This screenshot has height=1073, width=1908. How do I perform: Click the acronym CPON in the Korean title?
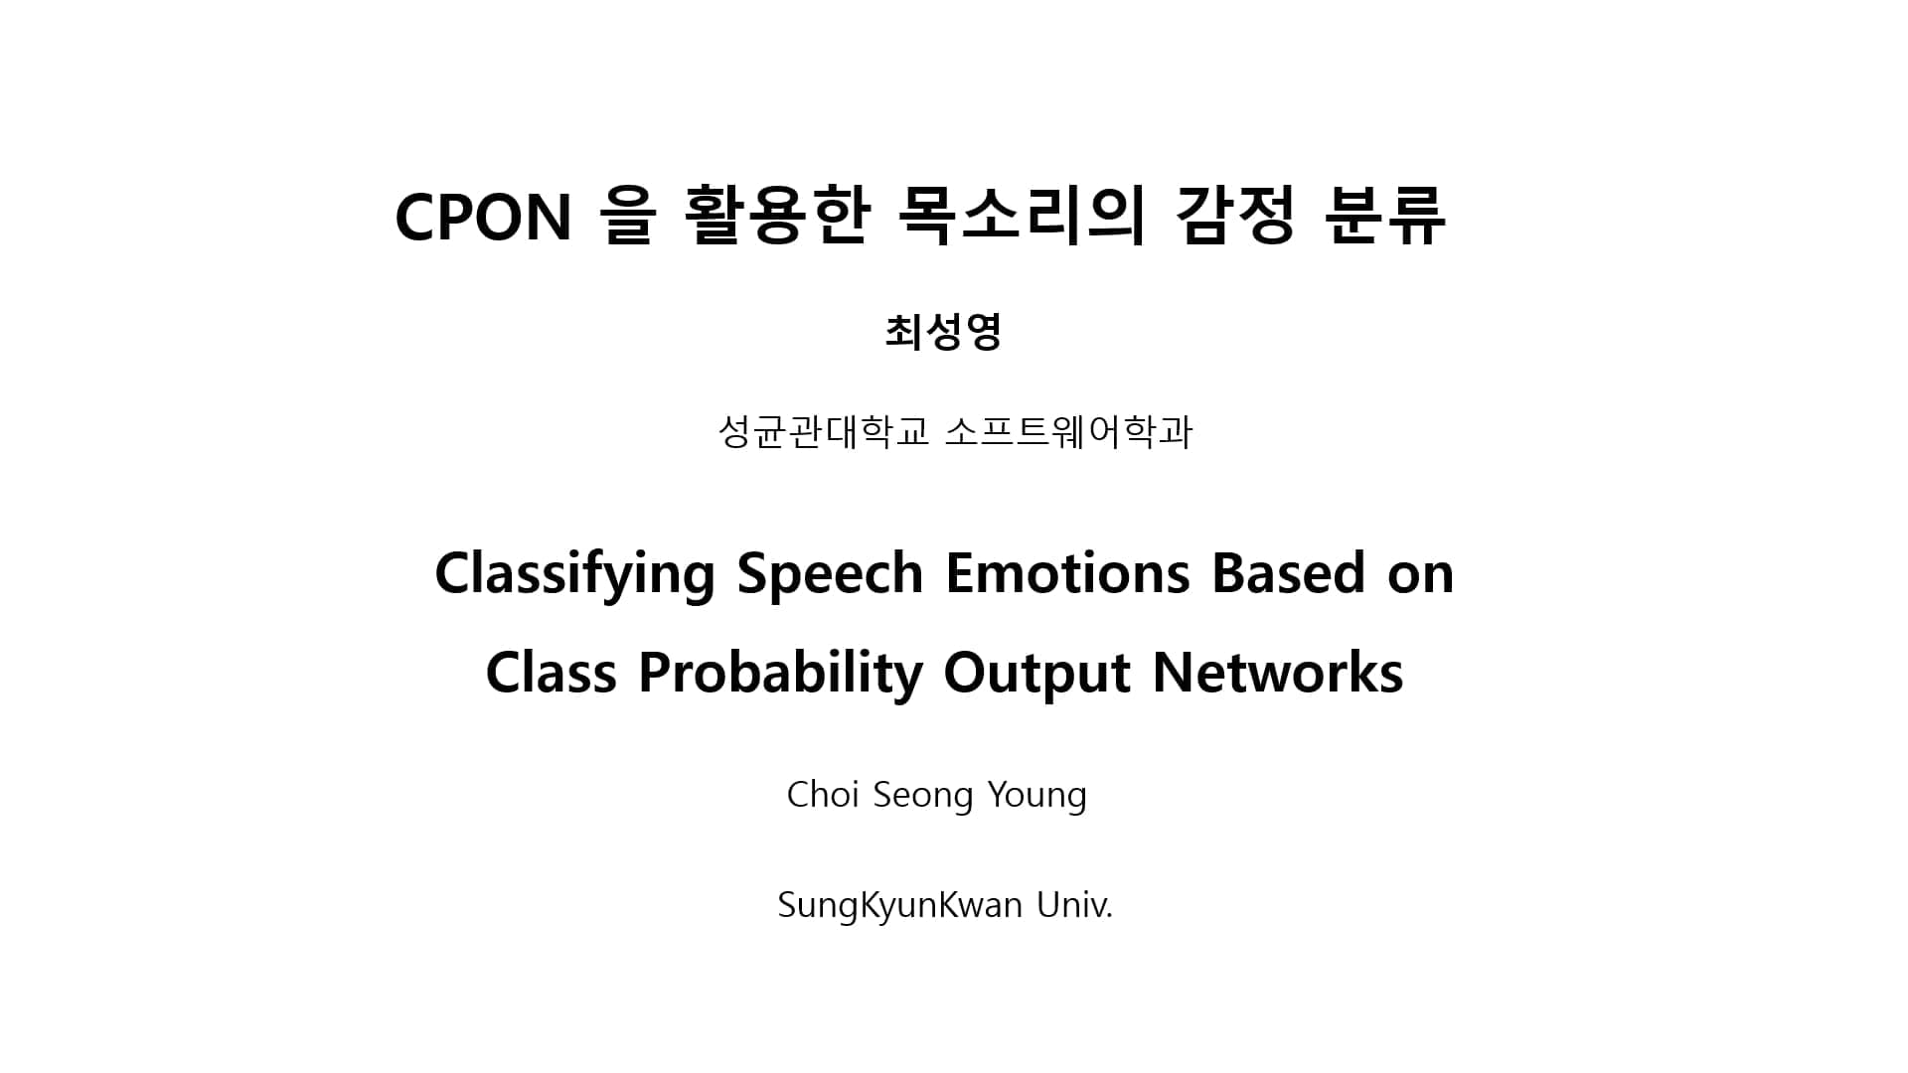(x=483, y=217)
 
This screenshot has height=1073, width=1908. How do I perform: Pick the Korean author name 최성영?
(x=943, y=332)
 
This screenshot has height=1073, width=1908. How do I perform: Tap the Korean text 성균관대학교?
(x=824, y=432)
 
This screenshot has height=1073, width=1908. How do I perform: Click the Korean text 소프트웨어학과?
(x=1068, y=432)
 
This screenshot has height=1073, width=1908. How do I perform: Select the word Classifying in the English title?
(x=574, y=574)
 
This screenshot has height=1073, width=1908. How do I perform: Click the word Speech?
(x=830, y=574)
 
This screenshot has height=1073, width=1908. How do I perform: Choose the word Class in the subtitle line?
(x=551, y=673)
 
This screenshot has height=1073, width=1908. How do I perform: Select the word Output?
(x=1036, y=674)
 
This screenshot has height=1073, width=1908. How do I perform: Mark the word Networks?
(x=1278, y=672)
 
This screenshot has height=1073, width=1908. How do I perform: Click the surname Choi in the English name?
(x=823, y=795)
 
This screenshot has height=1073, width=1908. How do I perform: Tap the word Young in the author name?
(x=1037, y=796)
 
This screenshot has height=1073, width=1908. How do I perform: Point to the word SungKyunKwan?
(x=899, y=906)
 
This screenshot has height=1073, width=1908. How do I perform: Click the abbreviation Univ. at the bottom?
(x=1074, y=905)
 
